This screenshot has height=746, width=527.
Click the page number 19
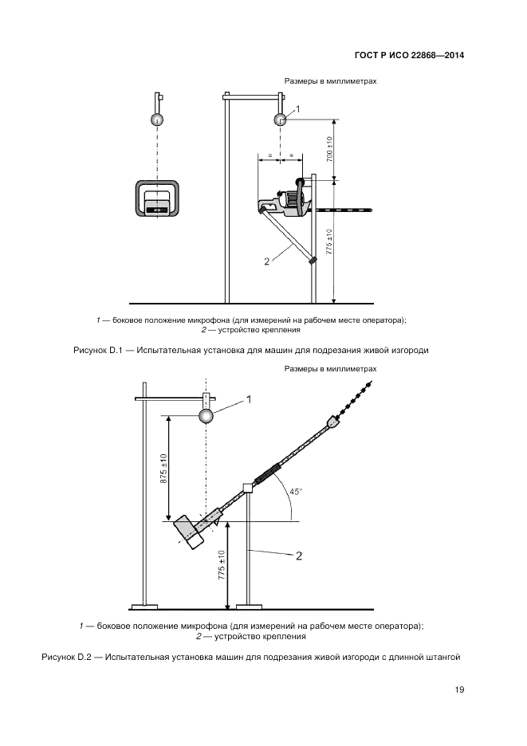tap(458, 689)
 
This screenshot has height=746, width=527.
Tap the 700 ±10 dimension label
tap(329, 149)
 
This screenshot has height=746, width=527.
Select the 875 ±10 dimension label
tap(163, 468)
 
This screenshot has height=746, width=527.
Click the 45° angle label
tap(296, 492)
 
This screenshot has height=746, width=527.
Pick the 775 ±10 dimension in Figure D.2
tap(222, 567)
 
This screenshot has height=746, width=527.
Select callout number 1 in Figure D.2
tap(248, 400)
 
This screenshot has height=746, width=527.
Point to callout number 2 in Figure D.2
tap(298, 556)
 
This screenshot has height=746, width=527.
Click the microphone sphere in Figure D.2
tap(206, 416)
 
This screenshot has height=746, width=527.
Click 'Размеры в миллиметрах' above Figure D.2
tap(329, 370)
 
